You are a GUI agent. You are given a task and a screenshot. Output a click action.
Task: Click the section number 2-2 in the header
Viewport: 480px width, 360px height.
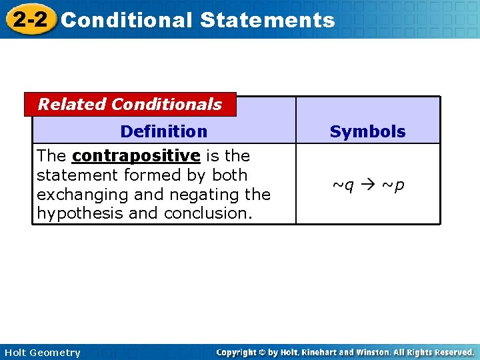point(30,19)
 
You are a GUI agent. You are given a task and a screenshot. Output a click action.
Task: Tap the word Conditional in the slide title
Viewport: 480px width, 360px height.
point(126,20)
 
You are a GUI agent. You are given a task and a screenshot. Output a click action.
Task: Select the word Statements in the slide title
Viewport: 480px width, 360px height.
point(267,20)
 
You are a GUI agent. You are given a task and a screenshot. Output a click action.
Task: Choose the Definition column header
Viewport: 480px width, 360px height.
point(164,131)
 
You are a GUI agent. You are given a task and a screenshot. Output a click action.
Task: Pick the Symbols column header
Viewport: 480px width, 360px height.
point(367,132)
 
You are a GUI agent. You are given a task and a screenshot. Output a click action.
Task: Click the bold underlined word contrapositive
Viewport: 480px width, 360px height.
point(136,156)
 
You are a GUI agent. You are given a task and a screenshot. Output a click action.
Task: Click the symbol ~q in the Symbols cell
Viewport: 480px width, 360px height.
point(343,185)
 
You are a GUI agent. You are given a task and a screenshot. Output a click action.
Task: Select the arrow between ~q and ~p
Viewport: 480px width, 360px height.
point(368,185)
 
